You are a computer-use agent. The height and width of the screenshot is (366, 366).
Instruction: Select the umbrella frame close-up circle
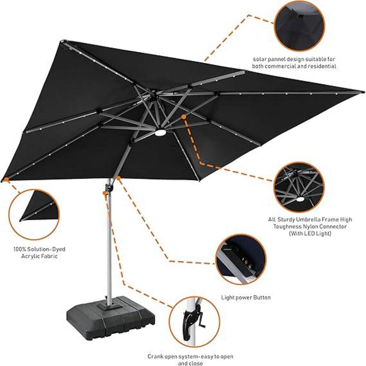tap(299, 187)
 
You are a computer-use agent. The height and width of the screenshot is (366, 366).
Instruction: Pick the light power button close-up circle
tap(241, 259)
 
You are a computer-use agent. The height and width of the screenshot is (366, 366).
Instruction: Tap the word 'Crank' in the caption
tap(156, 357)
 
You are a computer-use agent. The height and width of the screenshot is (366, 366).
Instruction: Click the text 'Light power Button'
tap(246, 297)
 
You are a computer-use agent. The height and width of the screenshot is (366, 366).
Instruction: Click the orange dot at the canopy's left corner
tap(6, 179)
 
